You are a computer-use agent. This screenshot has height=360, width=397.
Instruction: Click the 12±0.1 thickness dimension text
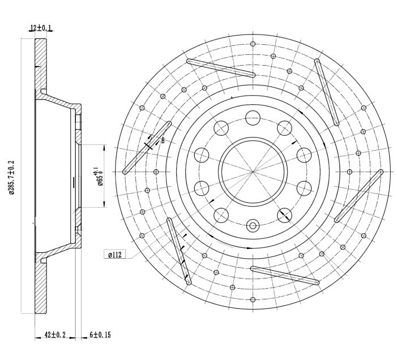tap(41, 27)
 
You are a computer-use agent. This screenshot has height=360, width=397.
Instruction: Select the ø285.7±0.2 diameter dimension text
tap(12, 177)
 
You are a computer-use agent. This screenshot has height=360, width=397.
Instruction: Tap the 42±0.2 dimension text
tap(55, 335)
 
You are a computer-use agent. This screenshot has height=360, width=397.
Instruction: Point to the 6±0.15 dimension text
tap(100, 335)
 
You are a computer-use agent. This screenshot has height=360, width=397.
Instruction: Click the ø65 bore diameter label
tap(99, 177)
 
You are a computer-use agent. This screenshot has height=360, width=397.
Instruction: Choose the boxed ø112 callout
tap(115, 255)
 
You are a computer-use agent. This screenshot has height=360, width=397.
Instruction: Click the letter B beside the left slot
tap(163, 140)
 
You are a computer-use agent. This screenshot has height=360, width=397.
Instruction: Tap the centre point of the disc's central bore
tap(253, 172)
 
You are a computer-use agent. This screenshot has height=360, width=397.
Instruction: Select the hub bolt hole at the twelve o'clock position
tap(253, 118)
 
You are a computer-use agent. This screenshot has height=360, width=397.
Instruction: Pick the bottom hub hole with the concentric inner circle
tap(253, 226)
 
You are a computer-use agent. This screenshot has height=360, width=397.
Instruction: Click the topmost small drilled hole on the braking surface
tap(253, 44)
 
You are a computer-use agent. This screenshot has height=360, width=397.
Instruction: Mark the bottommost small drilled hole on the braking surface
tap(253, 300)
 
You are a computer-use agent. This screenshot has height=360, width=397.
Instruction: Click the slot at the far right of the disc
tap(358, 196)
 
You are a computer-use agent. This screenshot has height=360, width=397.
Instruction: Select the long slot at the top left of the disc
tap(221, 68)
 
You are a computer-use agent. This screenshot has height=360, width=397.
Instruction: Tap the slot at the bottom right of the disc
tap(285, 276)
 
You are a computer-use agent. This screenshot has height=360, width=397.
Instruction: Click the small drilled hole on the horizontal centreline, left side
tap(156, 172)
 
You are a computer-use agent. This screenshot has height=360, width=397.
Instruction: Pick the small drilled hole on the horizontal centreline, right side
tap(349, 172)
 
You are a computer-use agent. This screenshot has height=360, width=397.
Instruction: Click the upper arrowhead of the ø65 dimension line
tap(104, 148)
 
